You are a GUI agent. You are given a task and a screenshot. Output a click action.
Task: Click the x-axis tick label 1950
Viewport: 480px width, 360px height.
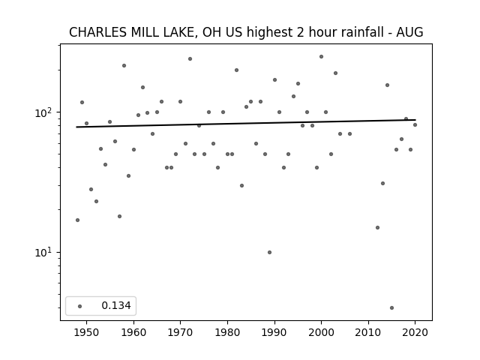click(87, 332)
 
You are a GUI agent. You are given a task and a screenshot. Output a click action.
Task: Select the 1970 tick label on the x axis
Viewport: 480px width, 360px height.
click(180, 332)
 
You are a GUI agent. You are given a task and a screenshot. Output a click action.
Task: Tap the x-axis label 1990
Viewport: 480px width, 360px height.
click(274, 332)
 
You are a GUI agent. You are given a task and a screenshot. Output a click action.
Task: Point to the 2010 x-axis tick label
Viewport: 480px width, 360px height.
click(368, 332)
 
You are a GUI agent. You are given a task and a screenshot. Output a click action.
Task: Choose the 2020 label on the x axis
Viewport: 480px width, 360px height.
click(415, 332)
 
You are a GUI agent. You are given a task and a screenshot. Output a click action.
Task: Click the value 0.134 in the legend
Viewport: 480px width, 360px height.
click(116, 305)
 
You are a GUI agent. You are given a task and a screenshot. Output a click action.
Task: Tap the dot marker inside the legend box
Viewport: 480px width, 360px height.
click(80, 306)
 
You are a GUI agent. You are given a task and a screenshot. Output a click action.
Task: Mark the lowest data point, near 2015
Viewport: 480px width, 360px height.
click(391, 307)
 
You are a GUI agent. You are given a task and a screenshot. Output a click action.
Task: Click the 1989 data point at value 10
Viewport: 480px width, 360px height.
click(269, 252)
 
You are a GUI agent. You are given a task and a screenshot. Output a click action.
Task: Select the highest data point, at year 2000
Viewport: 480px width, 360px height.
click(321, 57)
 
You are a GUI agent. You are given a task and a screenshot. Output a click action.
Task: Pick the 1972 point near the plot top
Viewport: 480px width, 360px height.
click(190, 58)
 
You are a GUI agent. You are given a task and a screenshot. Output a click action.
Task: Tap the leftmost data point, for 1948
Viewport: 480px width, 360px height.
click(77, 220)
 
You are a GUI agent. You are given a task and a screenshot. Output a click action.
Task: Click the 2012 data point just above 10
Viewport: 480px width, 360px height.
click(377, 227)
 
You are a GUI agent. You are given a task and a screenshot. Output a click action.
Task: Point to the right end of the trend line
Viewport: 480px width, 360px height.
click(415, 120)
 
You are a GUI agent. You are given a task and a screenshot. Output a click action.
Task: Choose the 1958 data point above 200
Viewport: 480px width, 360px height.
click(124, 65)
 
